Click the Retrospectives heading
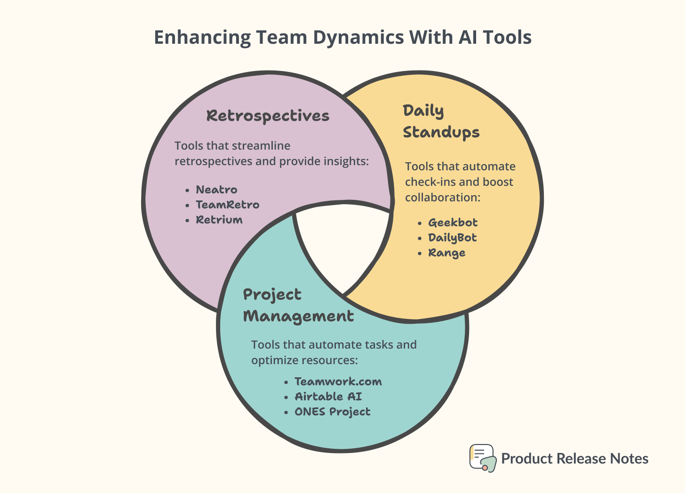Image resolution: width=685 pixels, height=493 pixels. (x=268, y=116)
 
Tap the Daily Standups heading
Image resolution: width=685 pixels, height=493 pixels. (x=441, y=121)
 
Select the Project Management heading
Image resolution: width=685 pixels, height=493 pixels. (x=298, y=305)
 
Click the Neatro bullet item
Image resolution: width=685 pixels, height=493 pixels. (x=216, y=190)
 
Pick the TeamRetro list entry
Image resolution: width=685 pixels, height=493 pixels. (x=227, y=205)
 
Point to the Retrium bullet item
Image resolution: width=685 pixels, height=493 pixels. (x=219, y=220)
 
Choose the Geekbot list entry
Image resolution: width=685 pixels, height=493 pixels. (x=453, y=223)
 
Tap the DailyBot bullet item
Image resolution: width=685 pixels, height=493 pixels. (x=452, y=238)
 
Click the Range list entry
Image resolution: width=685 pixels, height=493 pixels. (x=446, y=253)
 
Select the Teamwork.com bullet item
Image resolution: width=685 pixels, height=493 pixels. (x=338, y=382)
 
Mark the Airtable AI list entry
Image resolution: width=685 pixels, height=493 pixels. (x=328, y=397)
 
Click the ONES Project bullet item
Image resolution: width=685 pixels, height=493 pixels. (x=332, y=412)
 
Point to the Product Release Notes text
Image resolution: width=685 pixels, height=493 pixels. (x=574, y=459)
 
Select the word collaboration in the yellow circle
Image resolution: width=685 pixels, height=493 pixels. (x=442, y=197)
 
